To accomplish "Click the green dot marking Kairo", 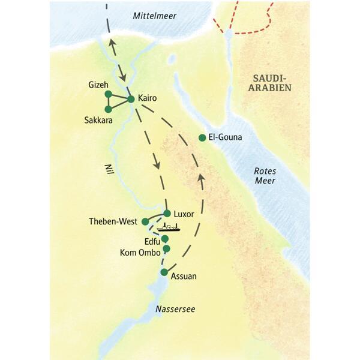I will [x=131, y=99].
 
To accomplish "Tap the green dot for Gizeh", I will [x=108, y=94].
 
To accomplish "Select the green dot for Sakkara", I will [x=108, y=109].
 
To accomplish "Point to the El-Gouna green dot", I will [x=202, y=138].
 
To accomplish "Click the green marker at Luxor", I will [x=167, y=213].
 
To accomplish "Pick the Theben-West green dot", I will [x=145, y=221].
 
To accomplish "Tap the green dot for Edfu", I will [x=165, y=239].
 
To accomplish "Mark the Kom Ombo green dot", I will [x=167, y=248].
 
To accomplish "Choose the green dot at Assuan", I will [x=164, y=272].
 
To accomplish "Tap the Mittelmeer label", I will [x=154, y=16].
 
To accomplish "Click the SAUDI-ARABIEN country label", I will [x=271, y=83].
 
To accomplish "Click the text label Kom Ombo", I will [x=140, y=253].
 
